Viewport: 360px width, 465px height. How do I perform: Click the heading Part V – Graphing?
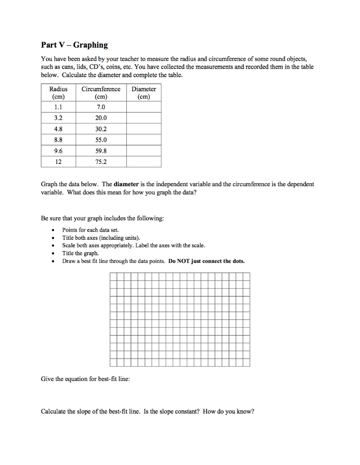74,45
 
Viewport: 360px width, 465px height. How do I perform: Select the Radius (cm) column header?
58,93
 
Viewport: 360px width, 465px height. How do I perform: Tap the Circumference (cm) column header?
101,93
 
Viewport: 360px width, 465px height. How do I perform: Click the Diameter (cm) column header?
143,93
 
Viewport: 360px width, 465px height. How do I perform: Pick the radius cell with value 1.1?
58,107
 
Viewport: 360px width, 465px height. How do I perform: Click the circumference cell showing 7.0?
101,107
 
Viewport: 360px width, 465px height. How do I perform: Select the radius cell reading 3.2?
58,118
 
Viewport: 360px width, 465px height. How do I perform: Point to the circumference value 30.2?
101,129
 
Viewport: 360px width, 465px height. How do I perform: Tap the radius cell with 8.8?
58,140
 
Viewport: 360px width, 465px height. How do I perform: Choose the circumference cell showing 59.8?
101,151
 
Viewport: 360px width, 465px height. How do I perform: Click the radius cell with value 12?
58,162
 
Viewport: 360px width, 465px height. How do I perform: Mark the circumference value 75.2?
101,162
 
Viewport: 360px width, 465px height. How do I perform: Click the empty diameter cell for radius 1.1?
143,107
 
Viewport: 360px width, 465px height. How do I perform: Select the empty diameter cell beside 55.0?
143,140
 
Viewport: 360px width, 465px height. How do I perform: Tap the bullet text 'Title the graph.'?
80,253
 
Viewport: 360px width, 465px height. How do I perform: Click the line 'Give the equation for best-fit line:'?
85,379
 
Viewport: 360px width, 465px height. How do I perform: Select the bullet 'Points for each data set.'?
90,230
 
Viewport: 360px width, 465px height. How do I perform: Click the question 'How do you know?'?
229,412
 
